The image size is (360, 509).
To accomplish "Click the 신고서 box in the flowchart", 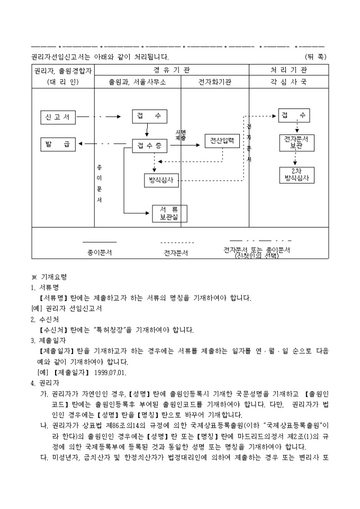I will (x=58, y=116).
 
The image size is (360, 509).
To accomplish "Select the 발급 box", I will (x=58, y=143).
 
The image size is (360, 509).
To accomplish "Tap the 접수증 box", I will (x=149, y=145).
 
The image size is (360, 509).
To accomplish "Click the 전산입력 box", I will (x=222, y=141).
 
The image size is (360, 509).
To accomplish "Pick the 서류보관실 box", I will (x=170, y=213).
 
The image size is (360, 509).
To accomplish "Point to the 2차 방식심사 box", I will (x=296, y=175).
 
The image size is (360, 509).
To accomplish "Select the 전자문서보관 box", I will (x=296, y=142).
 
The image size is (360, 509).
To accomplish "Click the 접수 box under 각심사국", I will (x=294, y=115).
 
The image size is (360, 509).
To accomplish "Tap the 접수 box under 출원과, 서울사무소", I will (x=149, y=116).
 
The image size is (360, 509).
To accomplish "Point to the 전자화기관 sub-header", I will (x=215, y=82).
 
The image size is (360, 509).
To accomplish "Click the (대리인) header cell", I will (x=62, y=82).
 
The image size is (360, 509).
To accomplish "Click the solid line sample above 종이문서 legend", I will (x=100, y=242).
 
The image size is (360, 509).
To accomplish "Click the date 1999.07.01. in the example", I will (x=111, y=372).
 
